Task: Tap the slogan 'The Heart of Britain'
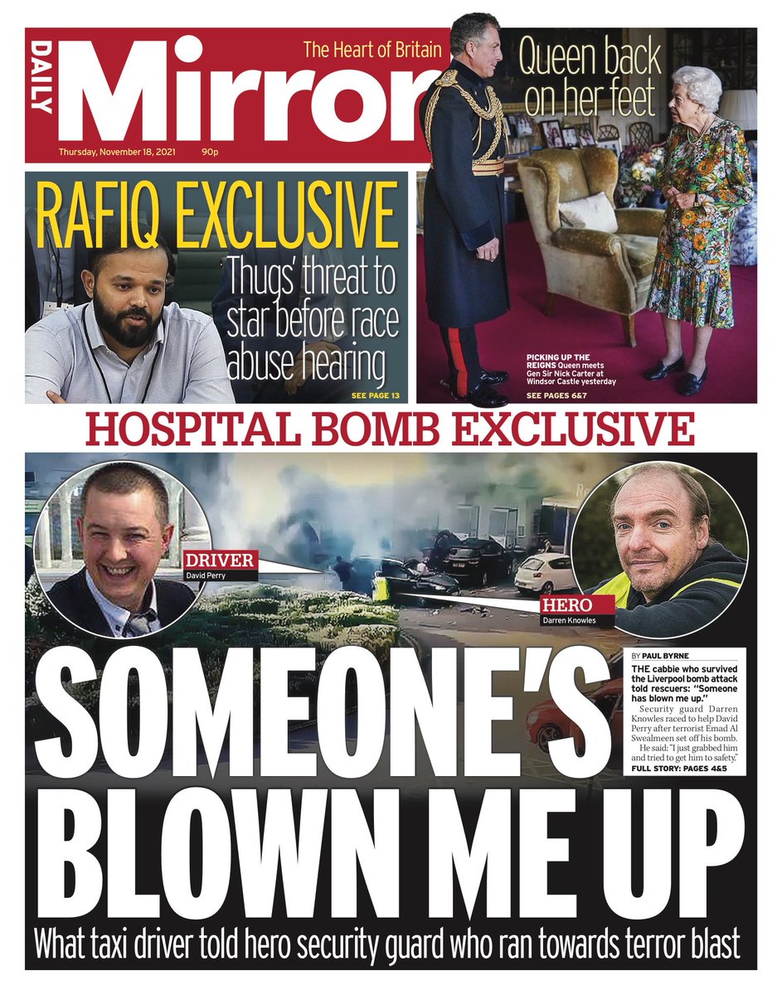(372, 51)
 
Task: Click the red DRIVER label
(220, 560)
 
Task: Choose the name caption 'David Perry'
(208, 574)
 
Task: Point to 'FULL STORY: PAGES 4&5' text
(679, 769)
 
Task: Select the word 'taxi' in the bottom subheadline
(148, 944)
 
